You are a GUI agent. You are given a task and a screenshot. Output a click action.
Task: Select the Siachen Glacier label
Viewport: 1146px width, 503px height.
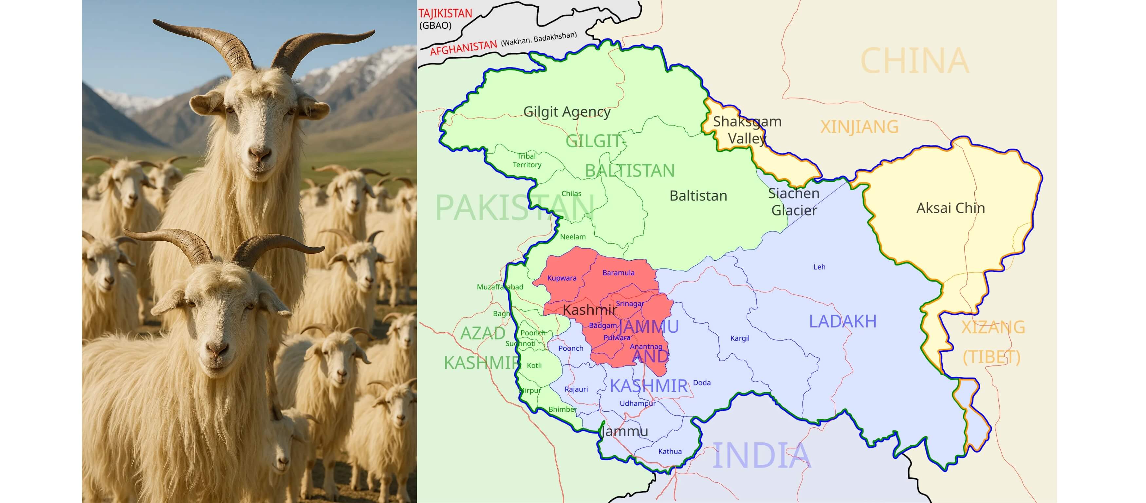[x=794, y=202]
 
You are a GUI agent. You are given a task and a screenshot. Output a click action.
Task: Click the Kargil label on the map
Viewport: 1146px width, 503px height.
[x=740, y=338]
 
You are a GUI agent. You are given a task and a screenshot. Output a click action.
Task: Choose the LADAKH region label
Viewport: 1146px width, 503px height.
[x=842, y=321]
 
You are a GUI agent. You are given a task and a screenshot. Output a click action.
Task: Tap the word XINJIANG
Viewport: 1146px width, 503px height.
[x=859, y=127]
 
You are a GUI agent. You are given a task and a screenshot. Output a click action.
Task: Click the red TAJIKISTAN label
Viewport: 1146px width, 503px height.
[x=445, y=13]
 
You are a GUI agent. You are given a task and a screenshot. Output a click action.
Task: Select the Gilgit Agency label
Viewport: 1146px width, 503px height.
[x=567, y=111]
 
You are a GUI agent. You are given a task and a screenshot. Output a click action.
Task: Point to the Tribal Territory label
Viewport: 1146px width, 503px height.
[x=527, y=160]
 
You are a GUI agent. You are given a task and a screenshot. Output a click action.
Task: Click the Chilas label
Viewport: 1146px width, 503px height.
[x=571, y=193]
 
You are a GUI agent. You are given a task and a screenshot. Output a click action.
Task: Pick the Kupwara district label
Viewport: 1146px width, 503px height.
[x=562, y=278]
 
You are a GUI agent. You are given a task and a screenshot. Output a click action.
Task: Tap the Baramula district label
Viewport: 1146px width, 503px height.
[x=619, y=272]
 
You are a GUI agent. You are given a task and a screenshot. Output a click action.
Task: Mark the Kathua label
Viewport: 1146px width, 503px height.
[x=670, y=451]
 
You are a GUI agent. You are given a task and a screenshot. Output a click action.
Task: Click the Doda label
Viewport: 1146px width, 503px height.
[x=702, y=382]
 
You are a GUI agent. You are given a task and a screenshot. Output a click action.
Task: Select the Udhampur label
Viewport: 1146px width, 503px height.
[x=638, y=403]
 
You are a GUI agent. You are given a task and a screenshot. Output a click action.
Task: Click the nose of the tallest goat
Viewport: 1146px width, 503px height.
[x=260, y=155]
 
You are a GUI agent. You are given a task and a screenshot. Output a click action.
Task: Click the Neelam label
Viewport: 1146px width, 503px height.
[x=573, y=237]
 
